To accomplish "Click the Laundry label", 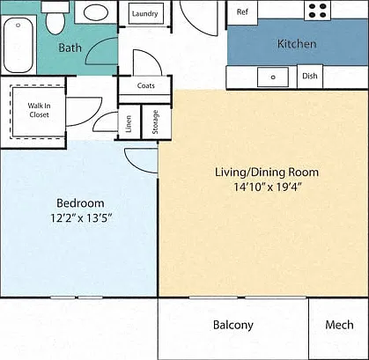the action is coord(144,14).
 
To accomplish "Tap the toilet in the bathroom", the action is coord(55,18).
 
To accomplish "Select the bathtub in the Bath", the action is coord(18,45).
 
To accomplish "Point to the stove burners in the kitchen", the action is coord(318,11).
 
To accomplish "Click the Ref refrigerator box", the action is coord(242,12).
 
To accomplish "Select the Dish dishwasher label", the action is coord(310,76).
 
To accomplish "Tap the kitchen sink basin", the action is coord(273,77).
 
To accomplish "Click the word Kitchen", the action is coord(297,44).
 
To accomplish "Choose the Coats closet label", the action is coord(146,85).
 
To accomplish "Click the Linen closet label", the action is coord(129,124).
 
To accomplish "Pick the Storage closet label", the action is coord(155,122).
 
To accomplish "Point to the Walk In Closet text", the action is coord(39,110).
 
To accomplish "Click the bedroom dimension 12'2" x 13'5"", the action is coord(82,218).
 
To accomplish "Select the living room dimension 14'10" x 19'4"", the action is coord(268,187).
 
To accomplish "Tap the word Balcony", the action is coord(233,325).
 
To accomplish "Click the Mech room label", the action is coord(339,325).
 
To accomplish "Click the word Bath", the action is coord(70,48).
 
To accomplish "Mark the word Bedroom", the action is coord(80,203).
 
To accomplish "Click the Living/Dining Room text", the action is coord(267,173).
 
